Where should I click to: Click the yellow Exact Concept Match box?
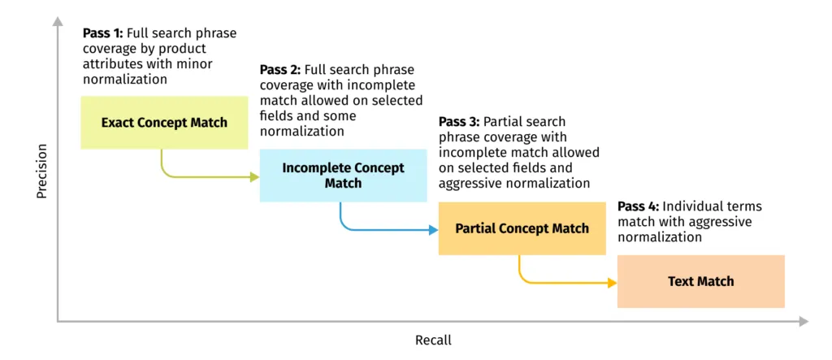(164, 123)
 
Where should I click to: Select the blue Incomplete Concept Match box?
(343, 176)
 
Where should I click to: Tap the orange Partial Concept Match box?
(522, 228)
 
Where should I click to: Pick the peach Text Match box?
(700, 281)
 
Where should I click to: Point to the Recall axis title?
(433, 340)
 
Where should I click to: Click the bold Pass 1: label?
(102, 33)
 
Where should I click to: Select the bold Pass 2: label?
(279, 70)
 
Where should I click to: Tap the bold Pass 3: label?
(458, 122)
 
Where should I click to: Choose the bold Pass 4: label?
(637, 206)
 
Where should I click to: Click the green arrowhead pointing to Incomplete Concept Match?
(254, 176)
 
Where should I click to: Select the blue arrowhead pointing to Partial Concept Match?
(433, 230)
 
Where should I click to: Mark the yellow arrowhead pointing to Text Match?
(612, 283)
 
